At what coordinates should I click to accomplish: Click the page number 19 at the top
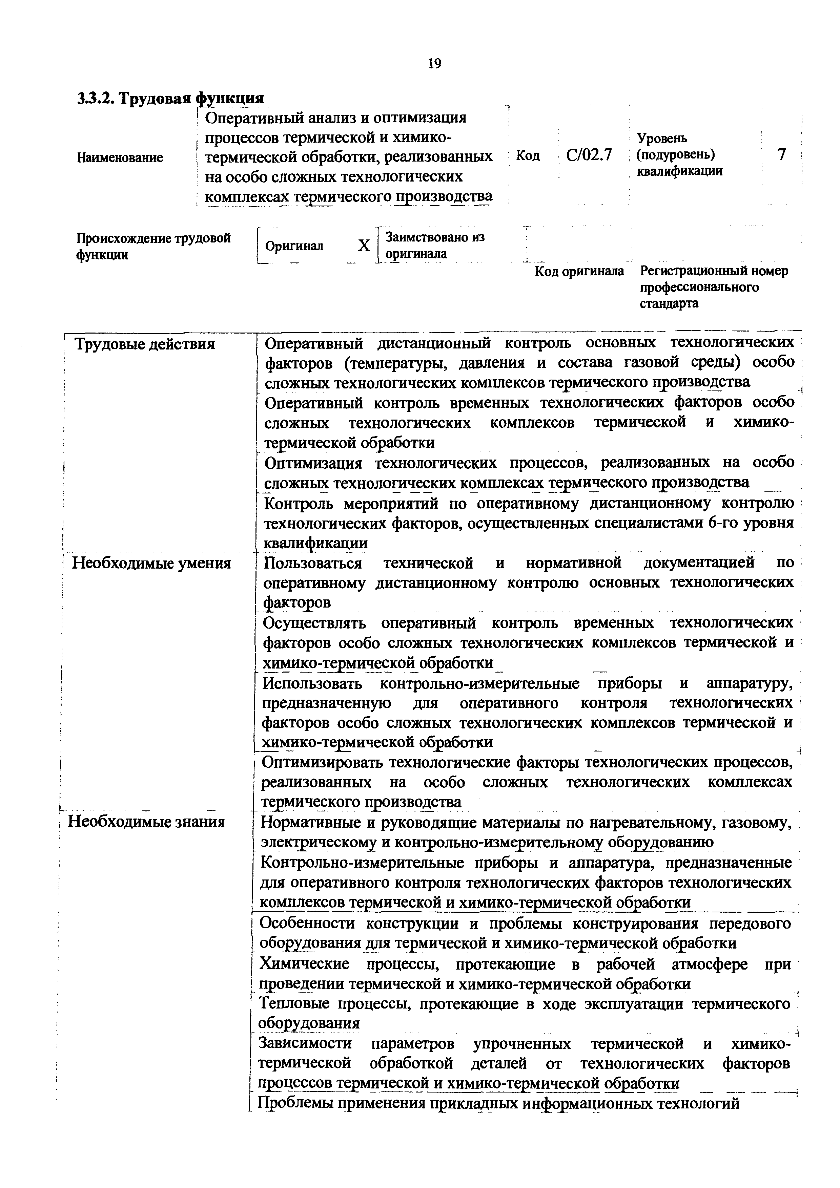[435, 64]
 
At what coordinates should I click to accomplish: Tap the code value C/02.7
[589, 155]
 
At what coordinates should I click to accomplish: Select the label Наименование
[120, 157]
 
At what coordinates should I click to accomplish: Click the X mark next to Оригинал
[364, 246]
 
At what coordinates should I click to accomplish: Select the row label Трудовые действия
[145, 344]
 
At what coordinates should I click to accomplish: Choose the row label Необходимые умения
[151, 564]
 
